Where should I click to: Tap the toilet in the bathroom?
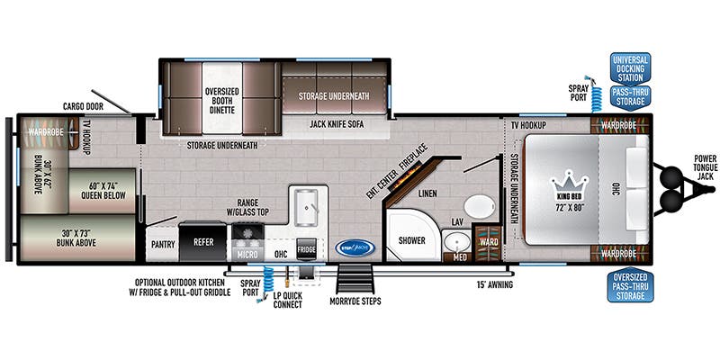[483, 206]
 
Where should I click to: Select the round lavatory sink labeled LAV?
[457, 243]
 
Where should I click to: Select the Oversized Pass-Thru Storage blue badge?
[629, 286]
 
